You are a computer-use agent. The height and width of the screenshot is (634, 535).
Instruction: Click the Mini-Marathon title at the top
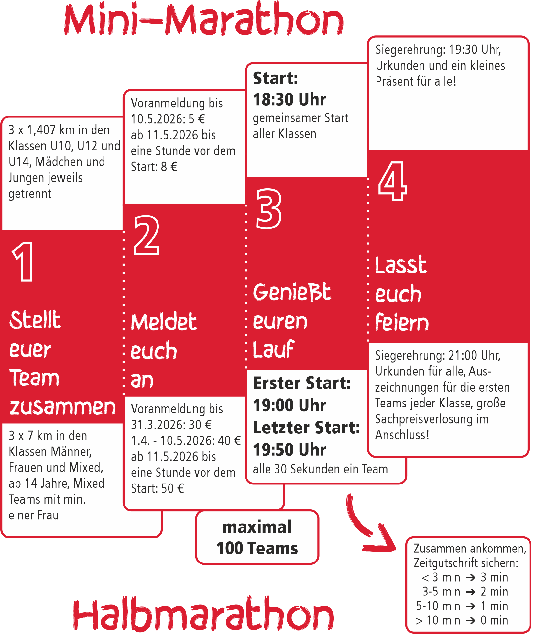coord(204,19)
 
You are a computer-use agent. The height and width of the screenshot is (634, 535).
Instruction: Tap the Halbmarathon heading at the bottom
coord(204,613)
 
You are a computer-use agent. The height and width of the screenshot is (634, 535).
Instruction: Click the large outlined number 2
coord(147,235)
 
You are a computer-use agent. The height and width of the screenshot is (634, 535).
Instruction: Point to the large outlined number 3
coord(268,209)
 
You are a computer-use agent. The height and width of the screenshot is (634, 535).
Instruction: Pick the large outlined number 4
coord(392,181)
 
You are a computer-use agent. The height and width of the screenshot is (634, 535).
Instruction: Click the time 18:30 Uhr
coord(289,99)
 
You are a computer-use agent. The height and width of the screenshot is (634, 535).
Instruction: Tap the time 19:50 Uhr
coord(289,450)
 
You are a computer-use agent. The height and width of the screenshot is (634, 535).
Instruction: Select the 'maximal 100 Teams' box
coord(257,538)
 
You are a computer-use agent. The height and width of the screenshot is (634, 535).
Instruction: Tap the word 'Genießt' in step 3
coord(292,292)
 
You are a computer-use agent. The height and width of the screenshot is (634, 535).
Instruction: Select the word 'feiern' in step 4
coord(402,322)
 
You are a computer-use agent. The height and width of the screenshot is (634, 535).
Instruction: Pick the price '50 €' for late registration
coord(173,488)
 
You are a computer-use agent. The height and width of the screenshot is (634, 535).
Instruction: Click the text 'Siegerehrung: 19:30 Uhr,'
coord(438,50)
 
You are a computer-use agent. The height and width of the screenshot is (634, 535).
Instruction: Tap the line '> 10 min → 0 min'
coord(462,620)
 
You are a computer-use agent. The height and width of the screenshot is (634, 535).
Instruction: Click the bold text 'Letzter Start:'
coord(306,428)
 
